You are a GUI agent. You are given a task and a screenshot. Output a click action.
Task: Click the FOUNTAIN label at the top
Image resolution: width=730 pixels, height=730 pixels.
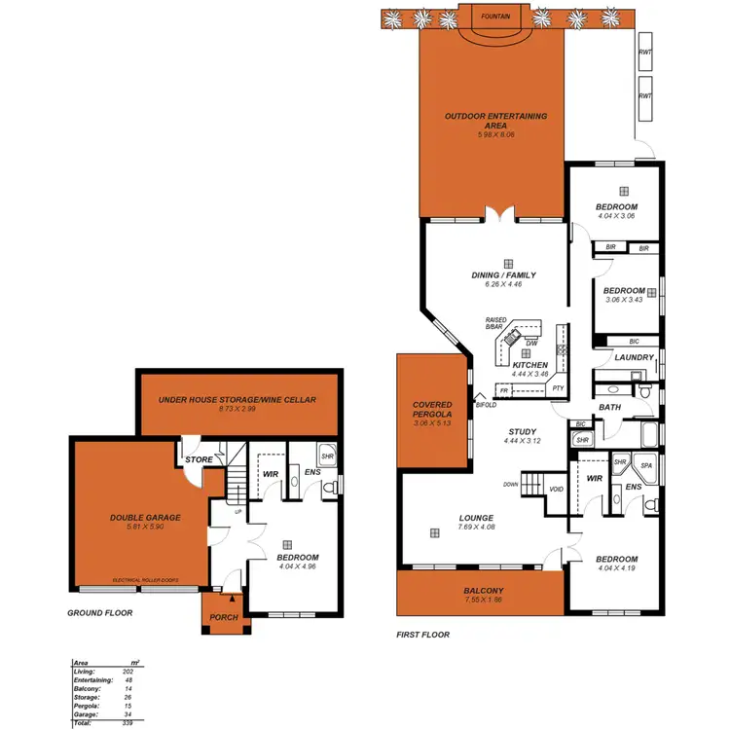pyautogui.click(x=492, y=16)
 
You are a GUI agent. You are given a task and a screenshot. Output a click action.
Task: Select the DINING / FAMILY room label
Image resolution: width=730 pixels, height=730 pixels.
pyautogui.click(x=502, y=275)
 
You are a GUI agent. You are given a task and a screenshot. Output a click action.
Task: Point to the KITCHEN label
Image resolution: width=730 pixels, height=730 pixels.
pyautogui.click(x=530, y=365)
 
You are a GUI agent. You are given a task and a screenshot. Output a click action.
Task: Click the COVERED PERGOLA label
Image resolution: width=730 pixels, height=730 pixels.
pyautogui.click(x=432, y=410)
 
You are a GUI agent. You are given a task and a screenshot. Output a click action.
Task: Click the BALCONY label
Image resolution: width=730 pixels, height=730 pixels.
pyautogui.click(x=484, y=591)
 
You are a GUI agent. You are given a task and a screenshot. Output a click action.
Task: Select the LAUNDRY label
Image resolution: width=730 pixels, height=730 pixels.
pyautogui.click(x=633, y=358)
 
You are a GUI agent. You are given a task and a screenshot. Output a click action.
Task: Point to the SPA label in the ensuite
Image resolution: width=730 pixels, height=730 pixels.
pyautogui.click(x=644, y=466)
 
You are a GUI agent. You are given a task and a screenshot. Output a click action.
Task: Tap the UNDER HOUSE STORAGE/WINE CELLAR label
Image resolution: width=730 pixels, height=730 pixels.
pyautogui.click(x=238, y=399)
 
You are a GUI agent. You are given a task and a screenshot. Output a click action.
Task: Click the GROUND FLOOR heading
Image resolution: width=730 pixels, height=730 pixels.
pyautogui.click(x=99, y=613)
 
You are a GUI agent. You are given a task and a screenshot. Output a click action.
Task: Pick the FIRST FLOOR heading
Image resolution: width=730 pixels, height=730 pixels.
pyautogui.click(x=422, y=635)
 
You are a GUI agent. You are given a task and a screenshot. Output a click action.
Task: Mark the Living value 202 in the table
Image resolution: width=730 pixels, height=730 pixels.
pyautogui.click(x=128, y=672)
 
